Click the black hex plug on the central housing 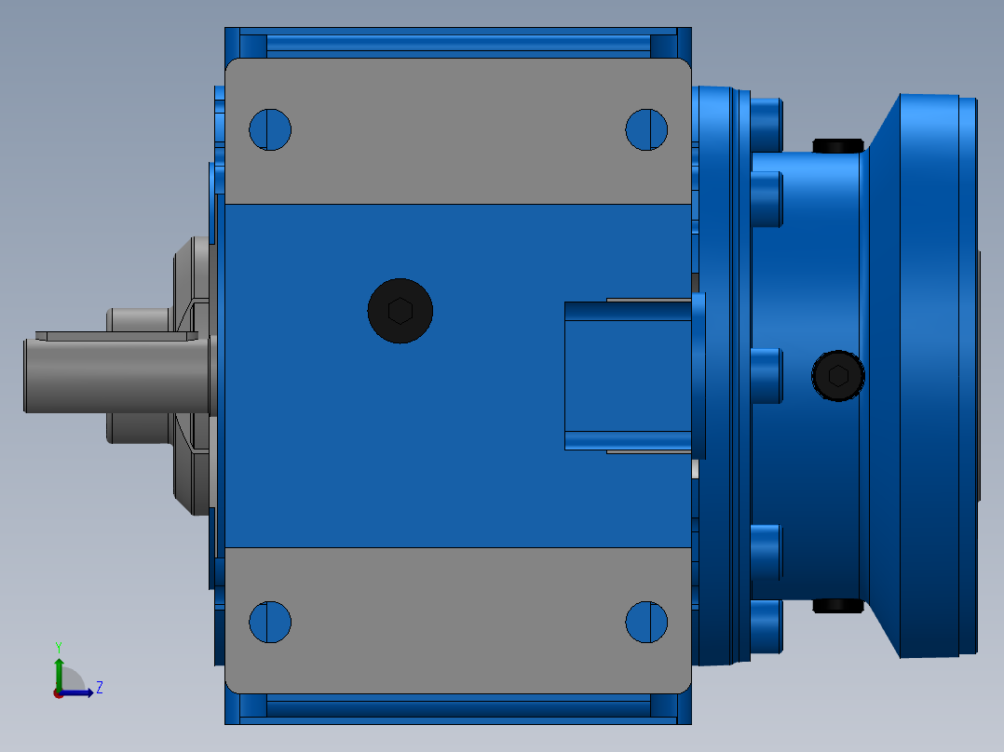click(x=400, y=311)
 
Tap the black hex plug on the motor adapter click(x=838, y=376)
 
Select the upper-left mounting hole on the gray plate click(x=270, y=130)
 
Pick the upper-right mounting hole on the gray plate click(x=646, y=130)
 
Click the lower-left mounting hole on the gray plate click(x=270, y=622)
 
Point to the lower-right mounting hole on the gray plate click(x=646, y=622)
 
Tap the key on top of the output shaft click(x=116, y=336)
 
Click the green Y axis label click(x=59, y=647)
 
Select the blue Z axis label click(x=100, y=688)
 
